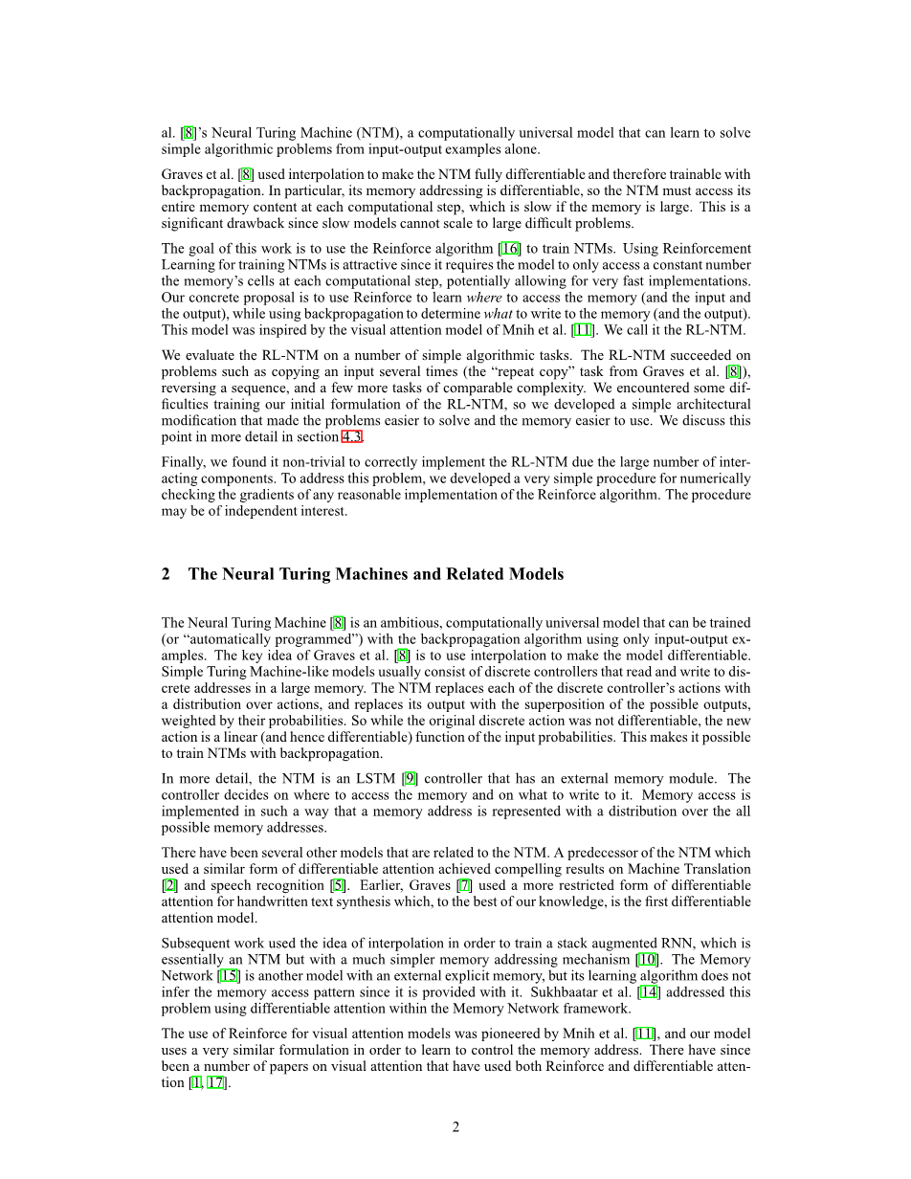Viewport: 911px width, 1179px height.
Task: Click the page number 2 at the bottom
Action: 455,1127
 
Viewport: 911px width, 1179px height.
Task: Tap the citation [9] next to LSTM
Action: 411,779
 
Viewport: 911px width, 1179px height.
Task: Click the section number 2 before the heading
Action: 167,574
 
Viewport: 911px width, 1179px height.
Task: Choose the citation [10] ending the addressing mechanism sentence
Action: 646,960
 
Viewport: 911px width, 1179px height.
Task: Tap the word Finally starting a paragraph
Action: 183,462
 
